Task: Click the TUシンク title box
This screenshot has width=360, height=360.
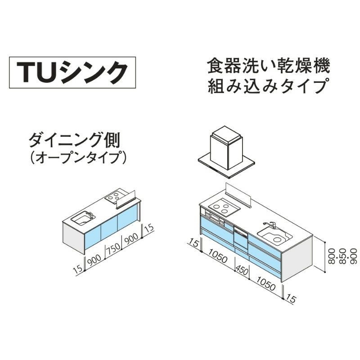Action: coord(72,71)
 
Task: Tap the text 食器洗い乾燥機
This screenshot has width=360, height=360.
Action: coord(269,66)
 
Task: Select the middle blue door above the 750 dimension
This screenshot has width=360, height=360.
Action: coord(109,230)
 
